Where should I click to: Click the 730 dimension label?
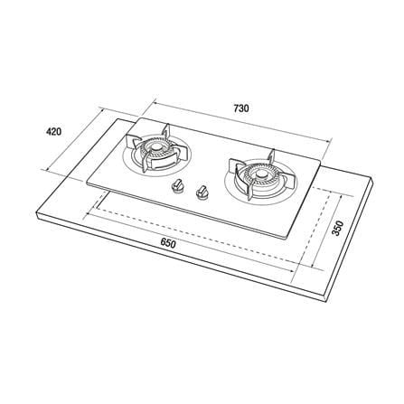pos(241,108)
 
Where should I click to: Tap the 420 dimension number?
pos(53,132)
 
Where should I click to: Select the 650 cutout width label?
pos(168,243)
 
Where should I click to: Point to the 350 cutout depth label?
pos(338,229)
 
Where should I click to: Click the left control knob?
pos(177,185)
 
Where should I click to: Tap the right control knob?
pos(201,192)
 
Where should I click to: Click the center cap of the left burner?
pos(156,148)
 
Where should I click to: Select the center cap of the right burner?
pos(259,174)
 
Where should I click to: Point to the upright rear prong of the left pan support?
pos(165,132)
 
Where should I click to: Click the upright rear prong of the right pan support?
pos(272,157)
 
